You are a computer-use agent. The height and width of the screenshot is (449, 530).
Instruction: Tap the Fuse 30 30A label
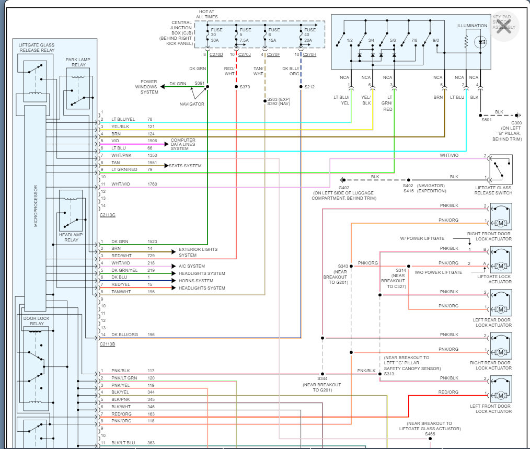click(x=216, y=35)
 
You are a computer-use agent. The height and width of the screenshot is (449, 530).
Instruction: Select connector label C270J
click(x=245, y=54)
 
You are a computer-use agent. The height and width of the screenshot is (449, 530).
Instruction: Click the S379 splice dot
click(x=236, y=87)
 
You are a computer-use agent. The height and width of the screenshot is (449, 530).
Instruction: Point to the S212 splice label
click(x=309, y=87)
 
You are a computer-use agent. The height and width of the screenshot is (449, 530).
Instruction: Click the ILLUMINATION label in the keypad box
click(x=472, y=26)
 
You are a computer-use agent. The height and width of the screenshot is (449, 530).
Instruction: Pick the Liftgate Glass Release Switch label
click(x=493, y=190)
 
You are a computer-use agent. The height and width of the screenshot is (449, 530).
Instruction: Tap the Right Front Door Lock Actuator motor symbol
click(x=501, y=223)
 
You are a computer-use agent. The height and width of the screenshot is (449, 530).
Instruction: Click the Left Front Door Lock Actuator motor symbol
click(x=501, y=395)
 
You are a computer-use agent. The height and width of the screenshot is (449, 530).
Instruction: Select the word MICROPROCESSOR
click(x=36, y=206)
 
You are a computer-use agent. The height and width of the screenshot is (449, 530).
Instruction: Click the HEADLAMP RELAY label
click(x=71, y=237)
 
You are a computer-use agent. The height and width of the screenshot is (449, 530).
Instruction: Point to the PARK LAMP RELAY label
click(x=78, y=62)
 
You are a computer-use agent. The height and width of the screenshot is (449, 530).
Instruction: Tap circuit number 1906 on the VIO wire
click(x=152, y=141)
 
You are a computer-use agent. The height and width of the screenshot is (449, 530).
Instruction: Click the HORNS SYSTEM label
click(x=196, y=281)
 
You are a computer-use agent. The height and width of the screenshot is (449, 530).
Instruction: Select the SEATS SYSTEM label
click(x=185, y=166)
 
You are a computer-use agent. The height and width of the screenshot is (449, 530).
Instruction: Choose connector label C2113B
click(x=108, y=344)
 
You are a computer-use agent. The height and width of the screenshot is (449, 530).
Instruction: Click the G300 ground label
click(x=516, y=123)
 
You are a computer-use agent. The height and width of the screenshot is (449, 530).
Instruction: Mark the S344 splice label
click(x=322, y=378)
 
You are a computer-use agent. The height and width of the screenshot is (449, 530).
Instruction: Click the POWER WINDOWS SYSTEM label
click(x=149, y=87)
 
